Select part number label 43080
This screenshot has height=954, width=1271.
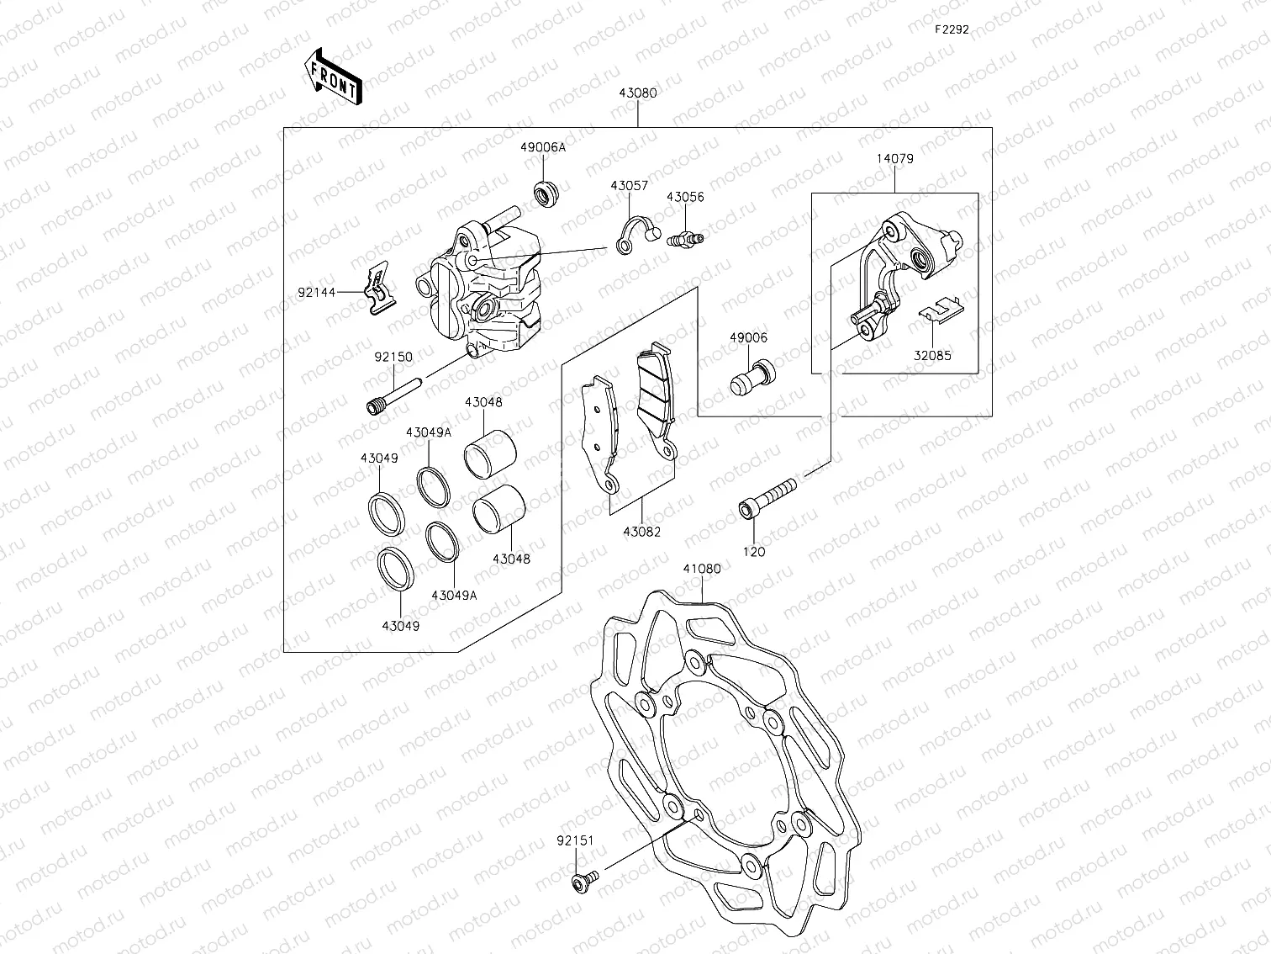(x=638, y=93)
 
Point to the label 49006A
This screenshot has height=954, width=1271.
(x=542, y=147)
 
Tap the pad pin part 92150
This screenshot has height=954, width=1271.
(x=392, y=396)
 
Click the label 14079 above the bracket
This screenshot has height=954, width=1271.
(x=894, y=158)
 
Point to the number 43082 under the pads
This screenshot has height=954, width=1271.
(x=641, y=532)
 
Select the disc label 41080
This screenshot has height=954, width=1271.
(x=701, y=569)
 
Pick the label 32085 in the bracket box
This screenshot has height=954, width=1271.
(x=933, y=355)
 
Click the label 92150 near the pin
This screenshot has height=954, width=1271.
(x=393, y=357)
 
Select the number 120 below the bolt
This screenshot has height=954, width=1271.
(x=754, y=552)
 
